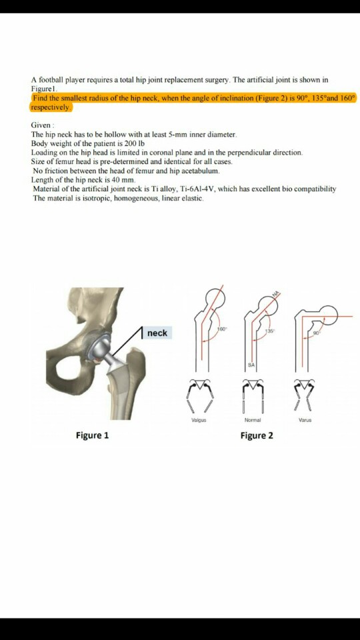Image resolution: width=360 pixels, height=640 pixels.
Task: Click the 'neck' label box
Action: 157,333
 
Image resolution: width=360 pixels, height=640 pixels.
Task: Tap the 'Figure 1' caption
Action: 93,435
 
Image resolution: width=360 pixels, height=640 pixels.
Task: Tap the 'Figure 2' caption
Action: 257,435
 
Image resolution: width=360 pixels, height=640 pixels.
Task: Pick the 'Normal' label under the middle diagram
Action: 252,421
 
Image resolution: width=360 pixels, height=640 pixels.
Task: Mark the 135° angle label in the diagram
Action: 269,331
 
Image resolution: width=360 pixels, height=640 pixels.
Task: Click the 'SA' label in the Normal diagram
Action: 251,365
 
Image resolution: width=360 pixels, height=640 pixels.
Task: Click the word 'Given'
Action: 41,125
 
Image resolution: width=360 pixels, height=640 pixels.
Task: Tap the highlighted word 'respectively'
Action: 51,107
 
